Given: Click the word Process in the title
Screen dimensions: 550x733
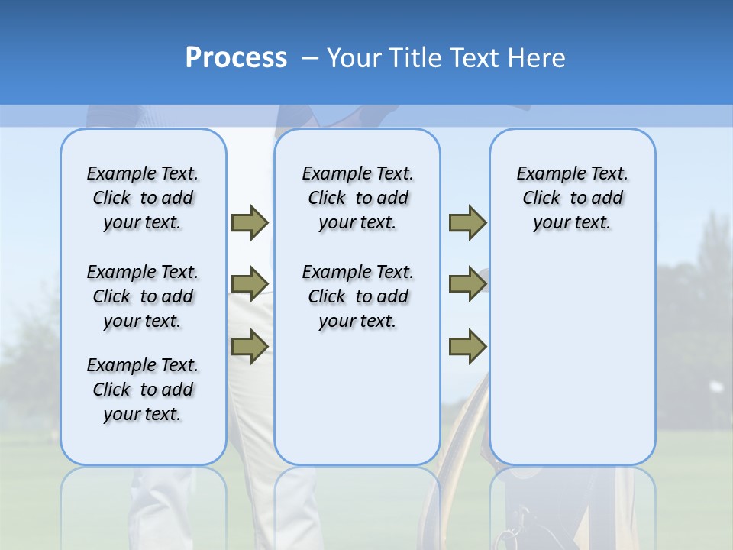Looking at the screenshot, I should pyautogui.click(x=236, y=58).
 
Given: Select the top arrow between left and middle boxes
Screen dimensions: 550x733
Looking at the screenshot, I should pyautogui.click(x=250, y=222).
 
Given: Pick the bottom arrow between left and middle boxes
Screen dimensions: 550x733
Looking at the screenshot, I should pyautogui.click(x=250, y=346).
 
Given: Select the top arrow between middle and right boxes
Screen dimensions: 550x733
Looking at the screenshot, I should pyautogui.click(x=467, y=222).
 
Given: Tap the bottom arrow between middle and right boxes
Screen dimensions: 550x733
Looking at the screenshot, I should pyautogui.click(x=467, y=346).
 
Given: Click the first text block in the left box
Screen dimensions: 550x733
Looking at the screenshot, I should pyautogui.click(x=143, y=198).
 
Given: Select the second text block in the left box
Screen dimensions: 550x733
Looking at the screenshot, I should pyautogui.click(x=143, y=296).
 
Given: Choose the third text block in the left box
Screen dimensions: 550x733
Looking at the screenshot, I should pyautogui.click(x=143, y=390).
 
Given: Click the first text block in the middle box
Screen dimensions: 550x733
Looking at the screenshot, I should pyautogui.click(x=357, y=198).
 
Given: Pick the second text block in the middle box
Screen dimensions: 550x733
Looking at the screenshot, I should pyautogui.click(x=357, y=296).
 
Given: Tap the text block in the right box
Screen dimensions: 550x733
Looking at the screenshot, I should pyautogui.click(x=573, y=198).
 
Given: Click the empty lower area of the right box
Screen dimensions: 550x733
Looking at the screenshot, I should pyautogui.click(x=573, y=359).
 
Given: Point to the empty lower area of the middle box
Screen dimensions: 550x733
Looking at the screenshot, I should pyautogui.click(x=357, y=397).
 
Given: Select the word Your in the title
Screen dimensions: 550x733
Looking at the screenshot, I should pyautogui.click(x=354, y=58).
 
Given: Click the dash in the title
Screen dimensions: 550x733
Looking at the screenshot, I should pyautogui.click(x=309, y=58).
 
